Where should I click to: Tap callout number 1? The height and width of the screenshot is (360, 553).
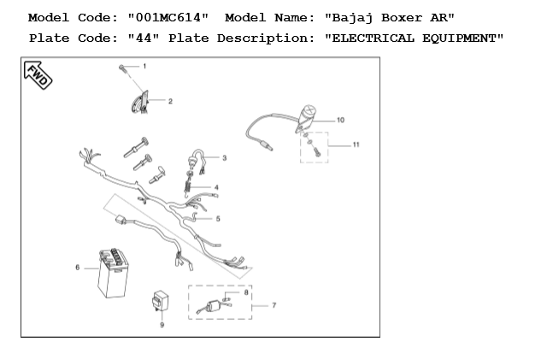pyautogui.click(x=144, y=66)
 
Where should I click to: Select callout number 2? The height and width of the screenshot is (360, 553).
pyautogui.click(x=170, y=101)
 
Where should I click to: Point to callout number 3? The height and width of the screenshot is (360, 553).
pyautogui.click(x=224, y=158)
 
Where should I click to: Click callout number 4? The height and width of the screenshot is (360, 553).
pyautogui.click(x=216, y=186)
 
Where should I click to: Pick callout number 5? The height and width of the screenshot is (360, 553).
pyautogui.click(x=217, y=219)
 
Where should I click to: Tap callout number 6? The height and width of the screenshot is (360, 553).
pyautogui.click(x=78, y=268)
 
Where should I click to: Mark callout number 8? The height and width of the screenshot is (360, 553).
pyautogui.click(x=247, y=292)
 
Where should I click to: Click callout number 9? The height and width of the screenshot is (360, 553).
pyautogui.click(x=162, y=324)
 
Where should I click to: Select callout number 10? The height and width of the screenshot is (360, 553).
pyautogui.click(x=340, y=120)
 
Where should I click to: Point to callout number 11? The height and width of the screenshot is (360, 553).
pyautogui.click(x=356, y=145)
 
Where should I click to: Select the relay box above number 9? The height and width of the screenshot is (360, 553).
pyautogui.click(x=160, y=302)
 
